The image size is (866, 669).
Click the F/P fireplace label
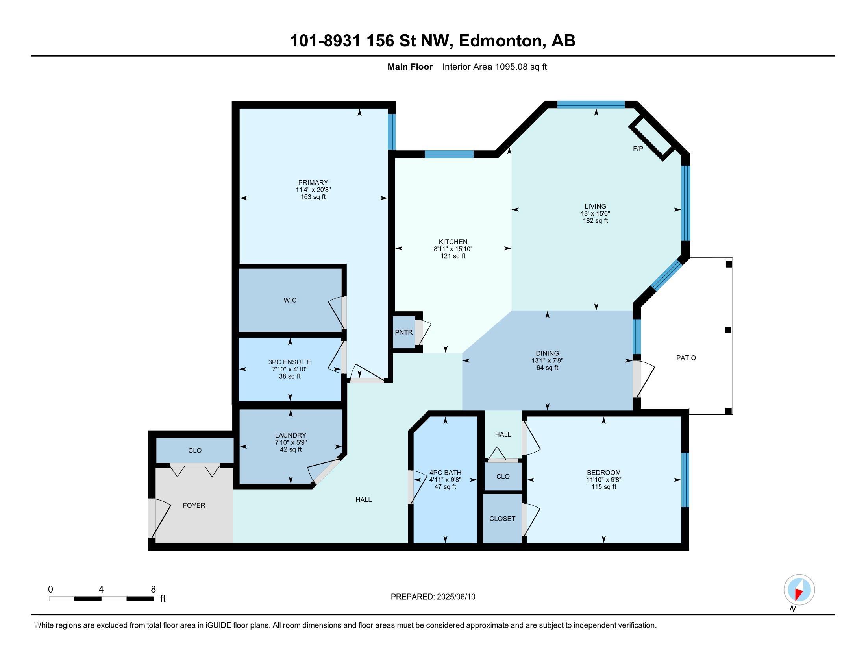tap(638, 149)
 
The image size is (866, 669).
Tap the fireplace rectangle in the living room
tap(652, 137)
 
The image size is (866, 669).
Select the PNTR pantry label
tap(403, 332)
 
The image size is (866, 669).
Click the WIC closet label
tap(290, 300)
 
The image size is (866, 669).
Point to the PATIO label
tap(686, 357)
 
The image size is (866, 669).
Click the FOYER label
tap(194, 505)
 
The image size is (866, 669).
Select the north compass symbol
tap(799, 590)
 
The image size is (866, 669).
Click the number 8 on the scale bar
tap(153, 590)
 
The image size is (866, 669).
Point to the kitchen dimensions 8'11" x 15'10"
tap(453, 249)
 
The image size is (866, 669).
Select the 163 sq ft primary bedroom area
tap(313, 197)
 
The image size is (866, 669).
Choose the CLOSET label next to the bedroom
tap(502, 518)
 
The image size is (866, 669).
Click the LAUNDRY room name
tap(291, 435)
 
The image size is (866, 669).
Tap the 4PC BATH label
tap(445, 472)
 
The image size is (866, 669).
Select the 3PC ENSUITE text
tap(289, 362)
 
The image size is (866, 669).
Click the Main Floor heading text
tap(410, 67)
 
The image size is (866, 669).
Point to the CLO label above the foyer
tap(195, 450)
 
